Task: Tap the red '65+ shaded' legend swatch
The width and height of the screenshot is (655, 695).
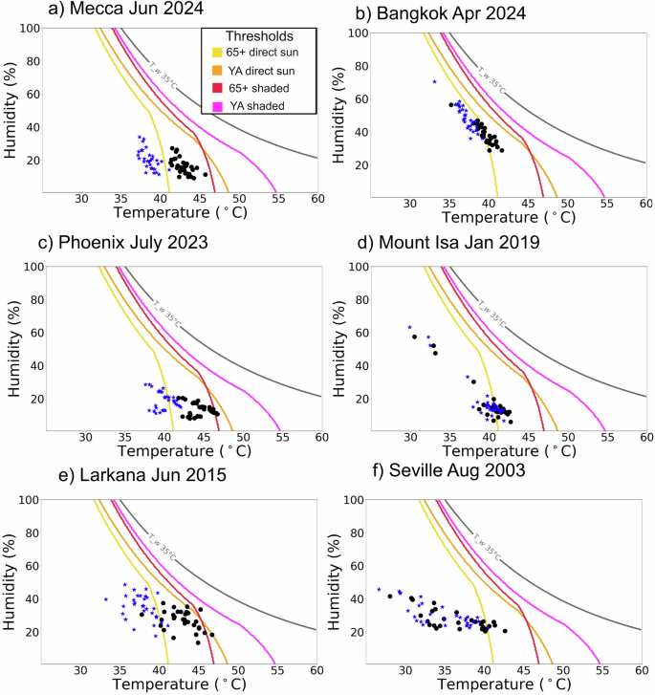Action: (217, 88)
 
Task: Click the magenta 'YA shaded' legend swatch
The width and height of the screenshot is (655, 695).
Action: (217, 106)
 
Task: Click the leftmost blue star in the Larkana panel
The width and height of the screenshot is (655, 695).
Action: (105, 599)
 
